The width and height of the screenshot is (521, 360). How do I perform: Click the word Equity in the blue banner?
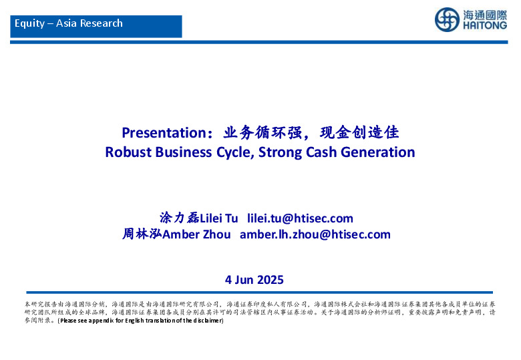29,23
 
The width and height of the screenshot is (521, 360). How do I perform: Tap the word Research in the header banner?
101,23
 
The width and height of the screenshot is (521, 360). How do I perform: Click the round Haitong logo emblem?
447,19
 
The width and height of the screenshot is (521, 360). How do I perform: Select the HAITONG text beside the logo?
484,27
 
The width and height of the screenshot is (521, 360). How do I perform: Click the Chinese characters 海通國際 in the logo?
484,15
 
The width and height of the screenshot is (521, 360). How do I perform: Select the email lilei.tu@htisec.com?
300,218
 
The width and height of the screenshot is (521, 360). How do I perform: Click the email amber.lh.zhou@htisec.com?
315,234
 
